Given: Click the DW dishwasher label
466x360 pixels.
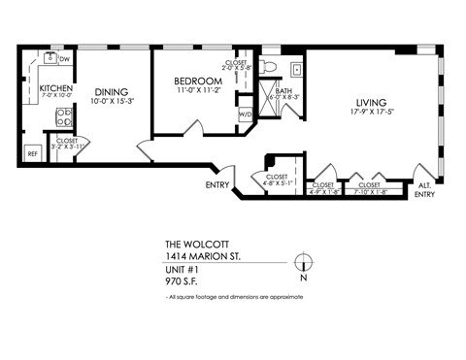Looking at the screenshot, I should click(63, 59).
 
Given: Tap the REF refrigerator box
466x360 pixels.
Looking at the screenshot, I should click(32, 153).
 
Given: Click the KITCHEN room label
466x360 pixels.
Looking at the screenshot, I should click(55, 89).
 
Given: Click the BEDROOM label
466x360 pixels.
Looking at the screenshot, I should click(198, 81).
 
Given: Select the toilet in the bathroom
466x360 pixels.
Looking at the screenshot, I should click(270, 66).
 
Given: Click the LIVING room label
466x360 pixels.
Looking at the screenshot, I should click(371, 102).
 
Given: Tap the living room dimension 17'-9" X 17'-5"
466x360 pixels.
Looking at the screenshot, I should click(371, 113).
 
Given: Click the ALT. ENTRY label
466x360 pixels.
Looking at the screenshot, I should click(424, 189).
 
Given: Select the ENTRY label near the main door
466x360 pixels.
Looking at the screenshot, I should click(217, 184).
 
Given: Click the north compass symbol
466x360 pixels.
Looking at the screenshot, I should click(304, 261).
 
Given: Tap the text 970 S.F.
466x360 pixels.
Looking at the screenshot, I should click(183, 281).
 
